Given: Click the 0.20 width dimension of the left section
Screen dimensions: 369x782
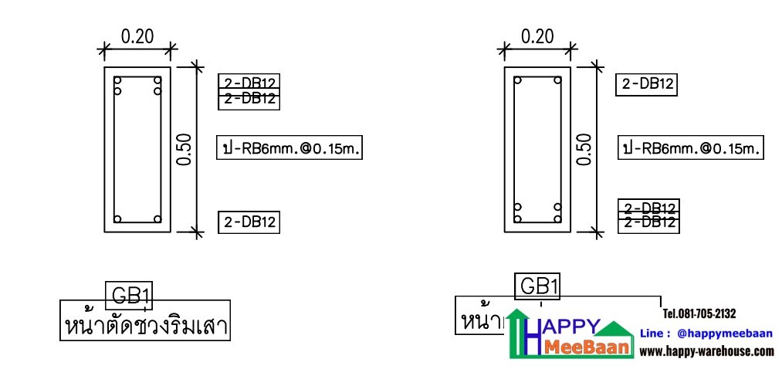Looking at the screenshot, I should coord(137,36).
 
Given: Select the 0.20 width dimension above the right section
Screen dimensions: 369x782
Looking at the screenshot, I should coord(537,36).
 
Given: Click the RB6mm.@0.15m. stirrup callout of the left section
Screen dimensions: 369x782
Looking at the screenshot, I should coord(289,148).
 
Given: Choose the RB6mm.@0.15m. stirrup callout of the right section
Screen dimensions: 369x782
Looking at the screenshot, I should coord(690,148).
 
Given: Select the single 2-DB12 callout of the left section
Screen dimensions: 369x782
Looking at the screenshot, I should coord(249,222).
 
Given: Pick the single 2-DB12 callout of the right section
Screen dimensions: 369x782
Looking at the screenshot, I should coord(647,84).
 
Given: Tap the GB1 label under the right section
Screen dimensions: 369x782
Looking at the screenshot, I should coord(538,286).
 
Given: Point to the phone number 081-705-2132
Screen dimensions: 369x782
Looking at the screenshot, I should coord(699,313).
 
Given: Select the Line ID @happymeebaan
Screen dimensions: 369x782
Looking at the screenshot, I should coord(706,333).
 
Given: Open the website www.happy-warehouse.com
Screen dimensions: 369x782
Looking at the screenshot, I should coord(706,351).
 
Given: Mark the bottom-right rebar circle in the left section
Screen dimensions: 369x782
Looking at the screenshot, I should coord(157,218).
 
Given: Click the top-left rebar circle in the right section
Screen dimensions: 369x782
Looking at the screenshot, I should coord(518,80).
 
